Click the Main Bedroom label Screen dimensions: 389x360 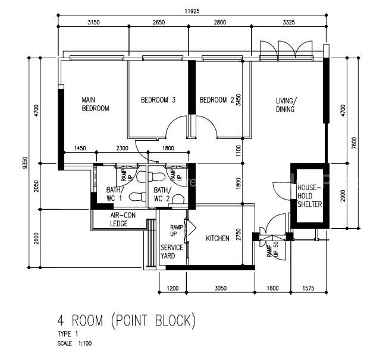pos(96,105)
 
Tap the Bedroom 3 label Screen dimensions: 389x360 pos(158,100)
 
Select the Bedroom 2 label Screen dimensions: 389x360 pos(217,100)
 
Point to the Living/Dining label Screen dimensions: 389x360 pos(286,105)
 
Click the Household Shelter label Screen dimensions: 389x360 pos(310,196)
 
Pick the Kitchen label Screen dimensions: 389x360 pos(218,238)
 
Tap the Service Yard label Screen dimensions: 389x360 pos(172,251)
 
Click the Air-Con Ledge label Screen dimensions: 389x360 pos(123,219)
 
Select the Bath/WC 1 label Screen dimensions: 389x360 pos(114,194)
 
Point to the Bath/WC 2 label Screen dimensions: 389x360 pos(162,194)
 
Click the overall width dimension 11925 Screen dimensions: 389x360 pos(192,11)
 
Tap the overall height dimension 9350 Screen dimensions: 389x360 pos(24,163)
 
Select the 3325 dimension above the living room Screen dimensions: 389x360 pos(288,23)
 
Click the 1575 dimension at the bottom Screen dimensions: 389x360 pos(308,288)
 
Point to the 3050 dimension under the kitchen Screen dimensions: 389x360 pos(220,288)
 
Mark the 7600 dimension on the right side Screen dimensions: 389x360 pos(354,143)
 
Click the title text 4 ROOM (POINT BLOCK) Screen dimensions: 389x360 pos(127,320)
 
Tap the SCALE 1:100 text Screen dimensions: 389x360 pos(74,343)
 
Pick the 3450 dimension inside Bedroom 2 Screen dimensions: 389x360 pos(239,100)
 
